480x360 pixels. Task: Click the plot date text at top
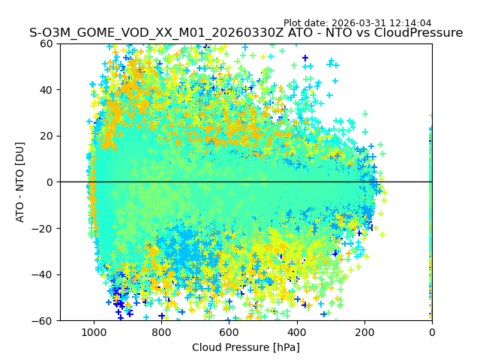357,23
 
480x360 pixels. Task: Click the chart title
246,33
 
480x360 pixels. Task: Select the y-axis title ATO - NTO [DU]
20,182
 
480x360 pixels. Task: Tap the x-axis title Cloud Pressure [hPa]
246,347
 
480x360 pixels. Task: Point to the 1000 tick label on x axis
94,331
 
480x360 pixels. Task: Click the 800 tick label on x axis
161,331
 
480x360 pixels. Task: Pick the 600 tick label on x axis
229,331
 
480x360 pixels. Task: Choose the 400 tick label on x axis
296,331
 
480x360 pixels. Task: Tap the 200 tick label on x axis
364,331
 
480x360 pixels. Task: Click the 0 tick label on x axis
431,331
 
